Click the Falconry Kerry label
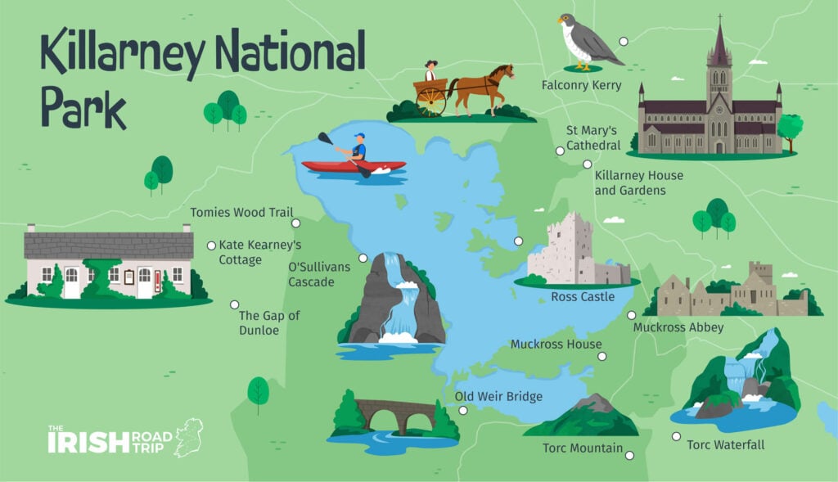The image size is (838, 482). point(581,85)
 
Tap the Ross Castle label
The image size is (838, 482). point(583,296)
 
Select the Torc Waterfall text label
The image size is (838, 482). point(726,445)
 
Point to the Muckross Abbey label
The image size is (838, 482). point(678,327)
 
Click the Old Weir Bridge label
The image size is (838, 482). point(498,397)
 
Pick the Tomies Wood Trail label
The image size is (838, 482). point(241,213)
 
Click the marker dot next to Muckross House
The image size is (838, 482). point(601,356)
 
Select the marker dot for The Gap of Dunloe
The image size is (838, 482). point(234,304)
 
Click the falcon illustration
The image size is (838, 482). point(586,41)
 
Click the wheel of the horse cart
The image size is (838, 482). point(430,101)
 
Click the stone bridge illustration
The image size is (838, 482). point(394,413)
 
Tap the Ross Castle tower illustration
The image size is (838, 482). point(570,246)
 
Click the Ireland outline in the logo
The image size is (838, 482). point(188,436)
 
